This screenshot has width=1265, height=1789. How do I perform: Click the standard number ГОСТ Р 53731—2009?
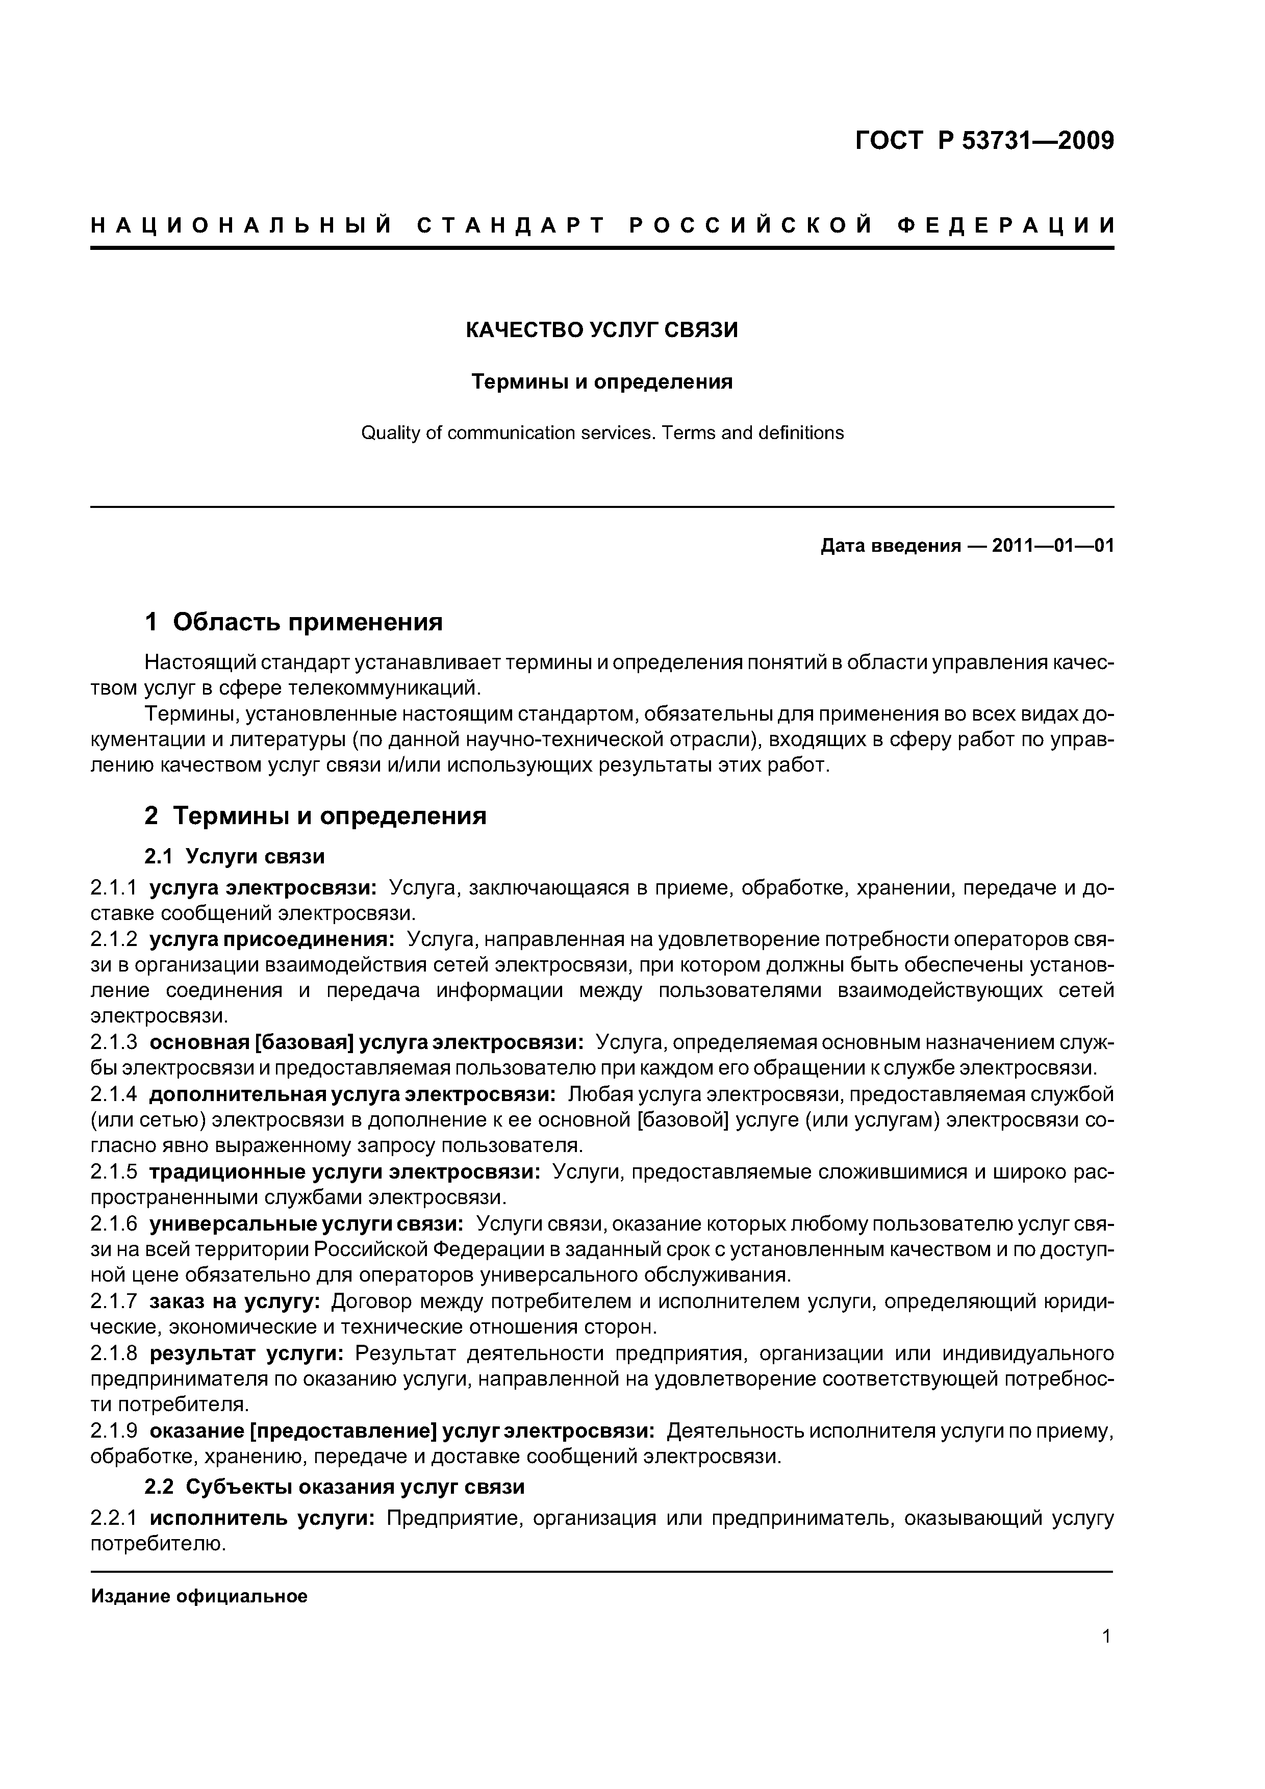(x=984, y=141)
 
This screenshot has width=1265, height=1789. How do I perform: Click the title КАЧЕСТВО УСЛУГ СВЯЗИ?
(x=602, y=330)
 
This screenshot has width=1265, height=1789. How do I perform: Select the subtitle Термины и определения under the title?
(x=602, y=382)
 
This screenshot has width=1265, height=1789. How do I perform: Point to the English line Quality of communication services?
(x=602, y=433)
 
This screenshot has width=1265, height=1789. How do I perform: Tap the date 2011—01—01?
(x=1052, y=546)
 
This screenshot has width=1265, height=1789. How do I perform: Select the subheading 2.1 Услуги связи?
(x=235, y=856)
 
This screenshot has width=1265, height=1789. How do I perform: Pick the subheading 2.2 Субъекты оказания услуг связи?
(x=335, y=1487)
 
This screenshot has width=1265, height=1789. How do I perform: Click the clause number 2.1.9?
(x=114, y=1430)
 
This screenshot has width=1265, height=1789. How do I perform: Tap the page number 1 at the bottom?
(x=1106, y=1658)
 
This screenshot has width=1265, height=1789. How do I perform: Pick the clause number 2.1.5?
(x=114, y=1172)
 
